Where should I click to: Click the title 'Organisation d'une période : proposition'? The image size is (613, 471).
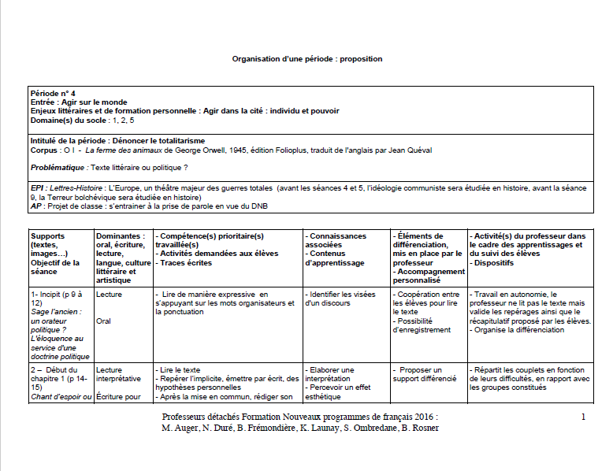click(306, 59)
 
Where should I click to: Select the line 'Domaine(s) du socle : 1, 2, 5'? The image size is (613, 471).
click(82, 120)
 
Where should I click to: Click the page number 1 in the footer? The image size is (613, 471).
click(582, 416)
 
